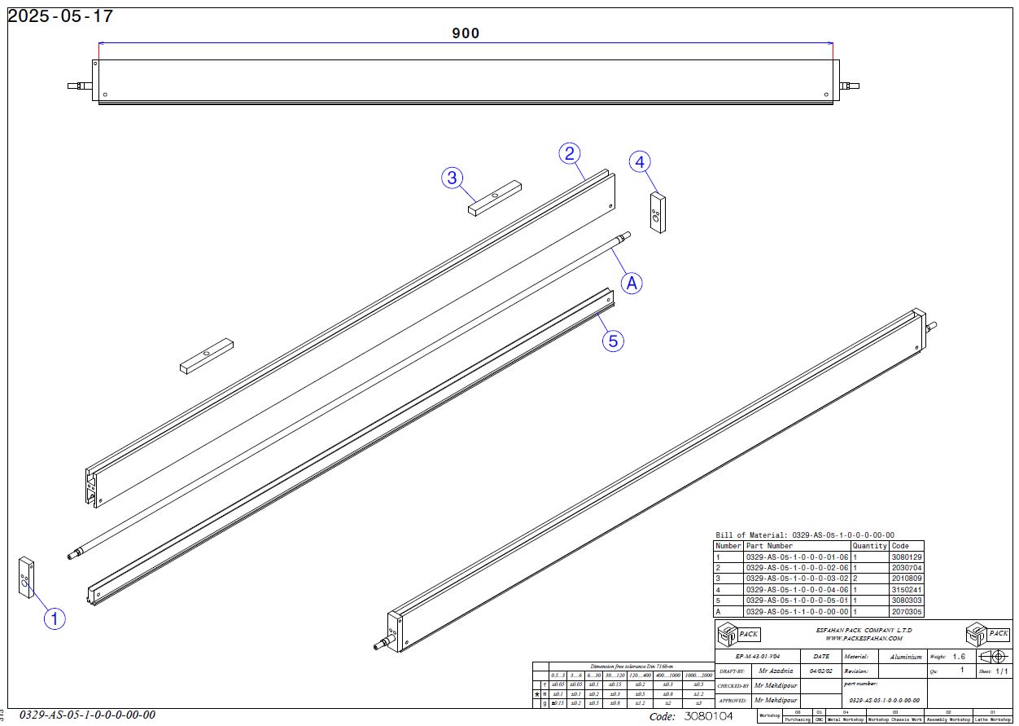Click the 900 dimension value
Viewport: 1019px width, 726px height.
466,33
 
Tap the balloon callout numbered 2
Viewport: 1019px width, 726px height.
570,153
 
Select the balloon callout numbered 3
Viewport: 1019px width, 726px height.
453,178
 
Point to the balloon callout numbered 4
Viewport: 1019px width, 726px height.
641,162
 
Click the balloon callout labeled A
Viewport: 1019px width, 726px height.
632,283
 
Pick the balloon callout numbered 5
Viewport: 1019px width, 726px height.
613,341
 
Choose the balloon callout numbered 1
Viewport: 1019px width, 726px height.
55,619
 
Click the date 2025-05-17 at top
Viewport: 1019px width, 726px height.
60,15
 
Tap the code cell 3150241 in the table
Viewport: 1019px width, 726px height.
906,589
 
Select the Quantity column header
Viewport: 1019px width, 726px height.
869,546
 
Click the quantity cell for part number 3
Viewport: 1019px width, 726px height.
855,579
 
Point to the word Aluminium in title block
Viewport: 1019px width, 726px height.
906,657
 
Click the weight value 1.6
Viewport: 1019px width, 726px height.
959,657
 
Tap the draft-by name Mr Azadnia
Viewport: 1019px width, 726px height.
773,671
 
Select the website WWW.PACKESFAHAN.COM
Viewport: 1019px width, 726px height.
864,639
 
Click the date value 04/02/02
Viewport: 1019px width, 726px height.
821,671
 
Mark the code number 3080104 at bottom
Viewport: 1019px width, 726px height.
708,716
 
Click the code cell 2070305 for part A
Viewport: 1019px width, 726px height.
906,611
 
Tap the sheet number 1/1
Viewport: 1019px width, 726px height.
1000,671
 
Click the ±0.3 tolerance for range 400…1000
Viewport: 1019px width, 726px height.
667,684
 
